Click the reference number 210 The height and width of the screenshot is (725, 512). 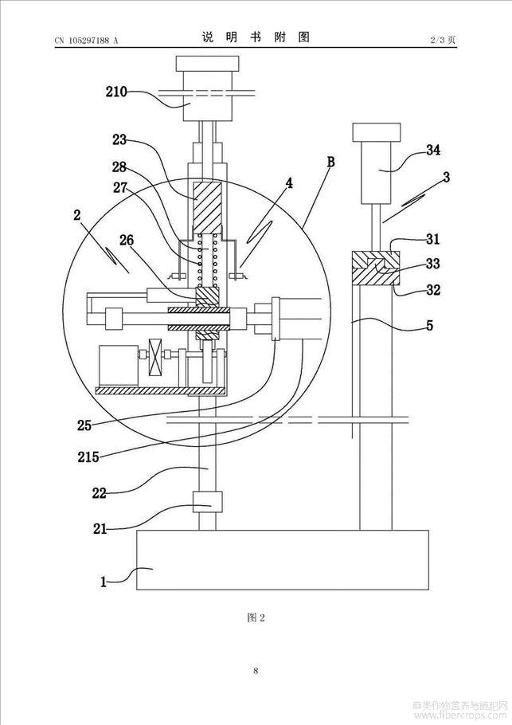coord(116,92)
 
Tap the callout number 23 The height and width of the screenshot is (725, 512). coord(119,139)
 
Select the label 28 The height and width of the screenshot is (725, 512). coord(119,166)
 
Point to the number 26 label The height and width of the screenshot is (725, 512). coord(127,240)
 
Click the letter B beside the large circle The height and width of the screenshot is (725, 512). coord(331,162)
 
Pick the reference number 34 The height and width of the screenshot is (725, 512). coord(433,150)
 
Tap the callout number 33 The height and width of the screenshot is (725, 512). coord(433,264)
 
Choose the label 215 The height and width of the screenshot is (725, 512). coord(88,457)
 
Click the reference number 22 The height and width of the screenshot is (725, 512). coord(100,493)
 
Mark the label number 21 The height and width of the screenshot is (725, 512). coord(100,528)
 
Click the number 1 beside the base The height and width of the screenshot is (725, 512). coord(104,582)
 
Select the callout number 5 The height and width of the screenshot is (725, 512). coord(430,326)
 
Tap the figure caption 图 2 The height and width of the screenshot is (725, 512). coord(256,617)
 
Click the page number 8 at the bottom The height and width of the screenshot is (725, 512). coord(256,671)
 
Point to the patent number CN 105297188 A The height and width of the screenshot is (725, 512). coord(87,40)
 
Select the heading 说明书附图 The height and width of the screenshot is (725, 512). coord(256,37)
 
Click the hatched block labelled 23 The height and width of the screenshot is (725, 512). coord(207,206)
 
